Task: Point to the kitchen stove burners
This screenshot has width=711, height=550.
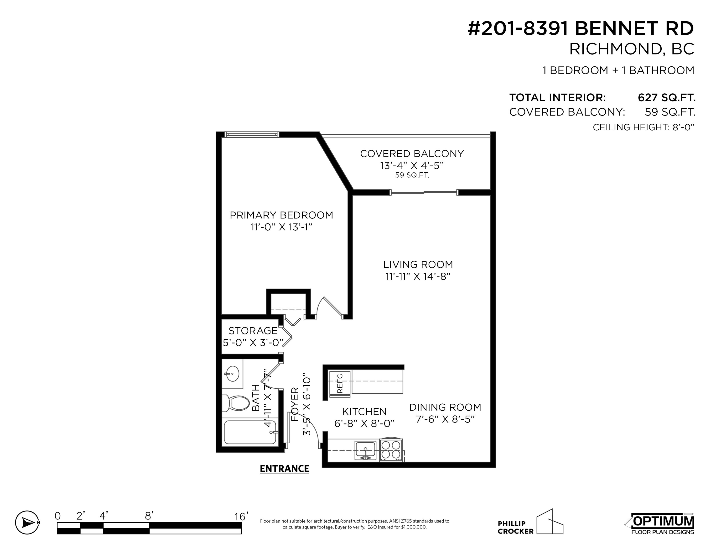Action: pyautogui.click(x=391, y=450)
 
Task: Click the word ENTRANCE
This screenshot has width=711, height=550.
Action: pyautogui.click(x=285, y=469)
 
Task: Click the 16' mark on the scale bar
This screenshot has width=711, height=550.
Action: pyautogui.click(x=241, y=516)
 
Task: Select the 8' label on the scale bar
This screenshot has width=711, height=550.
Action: pyautogui.click(x=149, y=516)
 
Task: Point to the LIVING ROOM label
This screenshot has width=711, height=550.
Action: pyautogui.click(x=418, y=264)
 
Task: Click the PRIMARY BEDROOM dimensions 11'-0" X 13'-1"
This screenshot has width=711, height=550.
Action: pyautogui.click(x=281, y=227)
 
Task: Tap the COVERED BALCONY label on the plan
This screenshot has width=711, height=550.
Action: pyautogui.click(x=412, y=153)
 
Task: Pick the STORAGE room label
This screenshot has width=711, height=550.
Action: pyautogui.click(x=253, y=331)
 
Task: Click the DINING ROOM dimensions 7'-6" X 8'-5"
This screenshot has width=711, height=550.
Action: pyautogui.click(x=445, y=419)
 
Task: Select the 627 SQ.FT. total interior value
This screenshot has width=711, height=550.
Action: pyautogui.click(x=666, y=97)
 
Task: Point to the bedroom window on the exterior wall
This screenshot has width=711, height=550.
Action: pyautogui.click(x=252, y=134)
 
